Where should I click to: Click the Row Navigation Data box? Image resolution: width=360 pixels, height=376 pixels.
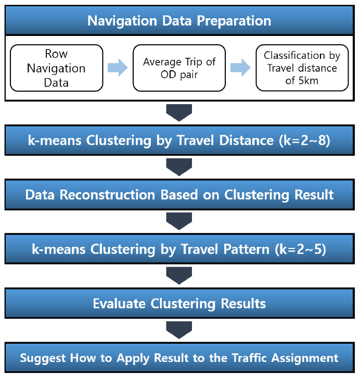(x=57, y=68)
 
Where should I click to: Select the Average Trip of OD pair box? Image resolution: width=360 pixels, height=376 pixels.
(x=179, y=68)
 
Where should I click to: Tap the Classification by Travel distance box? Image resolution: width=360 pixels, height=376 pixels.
(x=302, y=68)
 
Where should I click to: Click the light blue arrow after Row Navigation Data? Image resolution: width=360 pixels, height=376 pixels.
(x=118, y=68)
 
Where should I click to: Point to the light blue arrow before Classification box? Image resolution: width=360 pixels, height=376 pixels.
(x=240, y=68)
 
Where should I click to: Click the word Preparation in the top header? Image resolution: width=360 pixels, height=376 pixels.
(x=234, y=21)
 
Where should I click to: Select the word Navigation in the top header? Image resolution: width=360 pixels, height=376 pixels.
(x=122, y=21)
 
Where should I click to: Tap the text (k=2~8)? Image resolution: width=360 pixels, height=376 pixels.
(x=305, y=140)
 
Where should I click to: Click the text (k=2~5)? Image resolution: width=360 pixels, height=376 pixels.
(x=301, y=249)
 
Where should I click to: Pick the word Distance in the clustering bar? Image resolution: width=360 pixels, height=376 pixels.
(x=247, y=140)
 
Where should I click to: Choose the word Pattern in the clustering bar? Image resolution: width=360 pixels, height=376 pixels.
(x=247, y=249)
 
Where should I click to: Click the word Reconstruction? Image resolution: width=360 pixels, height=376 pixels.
(x=107, y=194)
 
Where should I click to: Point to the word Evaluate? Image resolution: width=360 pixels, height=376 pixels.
(x=119, y=303)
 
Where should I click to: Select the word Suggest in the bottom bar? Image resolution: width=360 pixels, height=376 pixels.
(x=43, y=358)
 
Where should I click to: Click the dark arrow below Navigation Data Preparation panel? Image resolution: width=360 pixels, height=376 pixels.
(x=179, y=112)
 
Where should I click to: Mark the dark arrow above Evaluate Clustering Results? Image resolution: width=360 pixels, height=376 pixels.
(x=179, y=275)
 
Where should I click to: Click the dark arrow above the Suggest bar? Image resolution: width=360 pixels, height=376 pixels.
(x=179, y=330)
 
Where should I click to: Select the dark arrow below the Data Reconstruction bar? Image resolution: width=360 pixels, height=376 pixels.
(x=179, y=221)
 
